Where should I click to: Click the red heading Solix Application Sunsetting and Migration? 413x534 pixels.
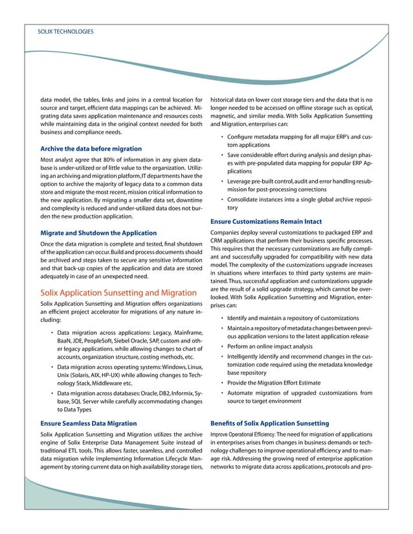(x=118, y=292)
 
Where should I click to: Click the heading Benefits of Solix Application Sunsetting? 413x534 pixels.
(x=270, y=423)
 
